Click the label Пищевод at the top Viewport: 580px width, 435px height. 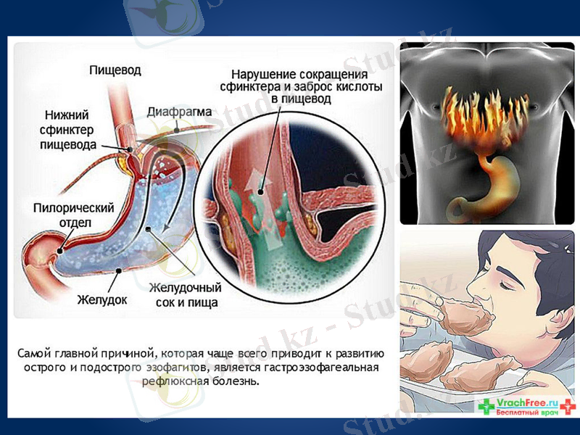[x=115, y=70]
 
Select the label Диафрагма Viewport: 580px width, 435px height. [x=179, y=112]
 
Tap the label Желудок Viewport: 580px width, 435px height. [x=102, y=298]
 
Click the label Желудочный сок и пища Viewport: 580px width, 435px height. [x=183, y=295]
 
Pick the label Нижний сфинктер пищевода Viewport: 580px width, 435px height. [x=70, y=129]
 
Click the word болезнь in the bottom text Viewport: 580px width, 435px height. [x=235, y=381]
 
